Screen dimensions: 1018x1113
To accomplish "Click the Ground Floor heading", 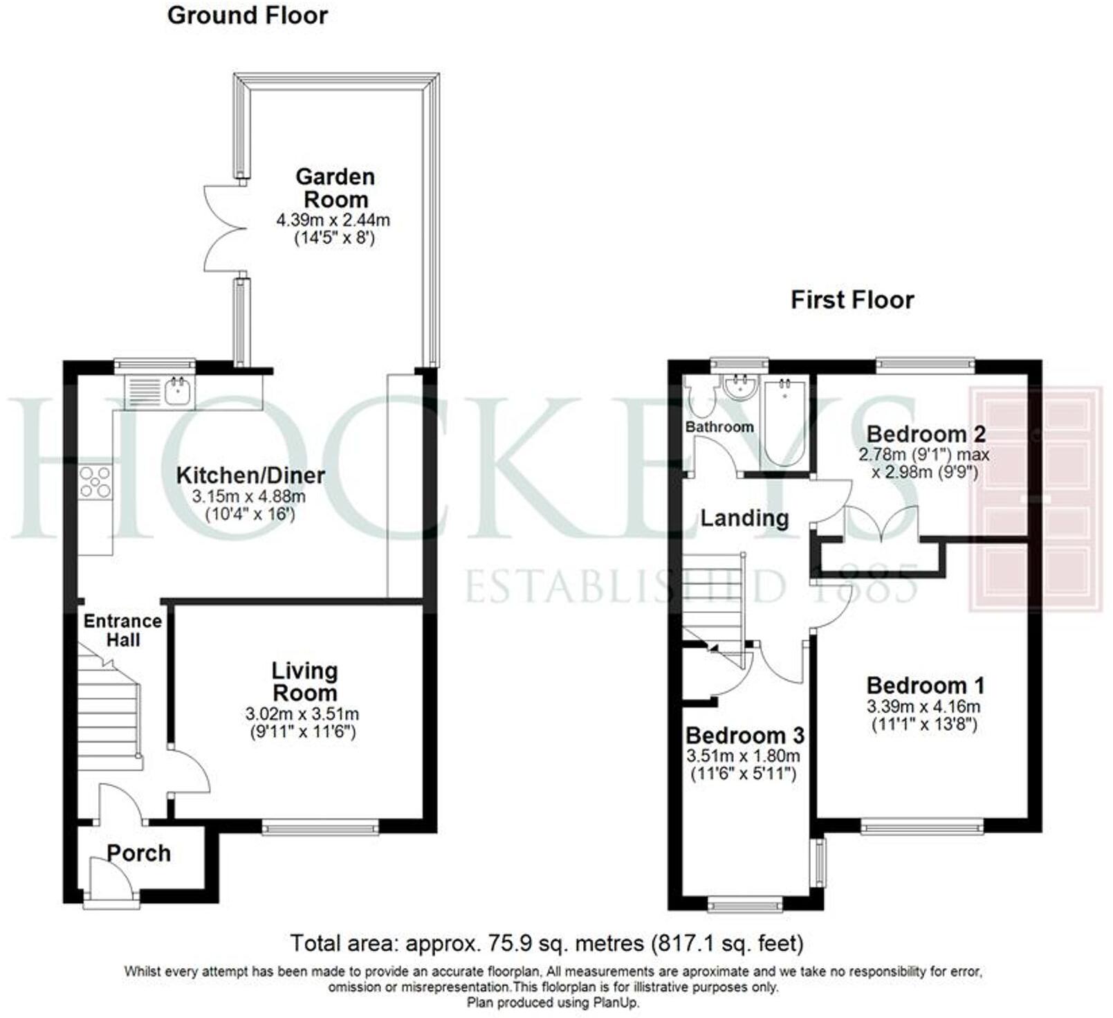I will tap(247, 15).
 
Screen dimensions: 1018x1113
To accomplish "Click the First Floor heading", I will tap(852, 300).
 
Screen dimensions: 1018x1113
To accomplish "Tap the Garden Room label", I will tap(335, 188).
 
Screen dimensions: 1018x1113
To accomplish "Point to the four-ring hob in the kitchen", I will tap(95, 482).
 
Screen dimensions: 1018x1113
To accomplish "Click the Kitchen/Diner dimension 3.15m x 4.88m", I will tap(249, 496).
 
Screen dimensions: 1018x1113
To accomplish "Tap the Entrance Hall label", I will tap(122, 630).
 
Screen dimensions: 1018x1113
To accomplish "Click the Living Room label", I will tap(304, 681).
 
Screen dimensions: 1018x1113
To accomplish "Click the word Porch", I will tap(139, 853).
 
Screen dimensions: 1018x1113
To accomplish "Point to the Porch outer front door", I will tap(111, 880).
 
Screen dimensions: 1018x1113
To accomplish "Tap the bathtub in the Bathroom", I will tap(784, 422).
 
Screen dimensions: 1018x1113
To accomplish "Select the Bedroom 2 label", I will tap(926, 434).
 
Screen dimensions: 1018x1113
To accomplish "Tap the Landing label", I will tap(744, 518).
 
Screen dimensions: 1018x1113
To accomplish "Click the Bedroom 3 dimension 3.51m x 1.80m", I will tap(744, 756).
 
